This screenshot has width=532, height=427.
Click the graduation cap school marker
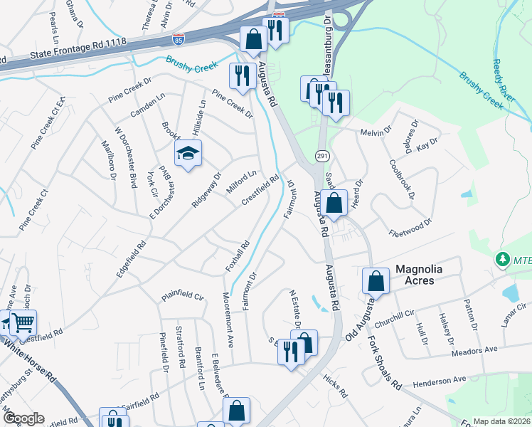click(x=188, y=153)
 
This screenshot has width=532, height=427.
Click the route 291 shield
click(x=321, y=155)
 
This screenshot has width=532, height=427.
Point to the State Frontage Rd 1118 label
click(x=79, y=49)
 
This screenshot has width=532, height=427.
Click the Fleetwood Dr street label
click(x=410, y=228)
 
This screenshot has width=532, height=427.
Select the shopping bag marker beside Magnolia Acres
click(x=376, y=281)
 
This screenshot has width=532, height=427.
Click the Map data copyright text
click(x=501, y=421)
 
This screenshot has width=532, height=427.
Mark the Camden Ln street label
click(x=147, y=105)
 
